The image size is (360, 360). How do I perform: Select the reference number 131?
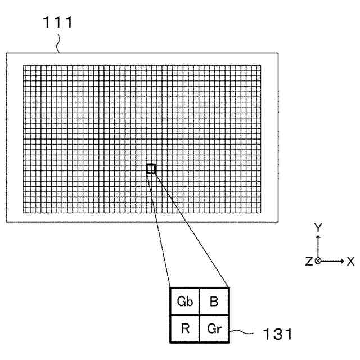tap(277, 335)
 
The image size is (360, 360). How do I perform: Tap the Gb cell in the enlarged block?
tap(185, 301)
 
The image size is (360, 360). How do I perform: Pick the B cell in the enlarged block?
tap(213, 301)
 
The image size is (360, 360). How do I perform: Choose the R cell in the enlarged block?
tap(185, 328)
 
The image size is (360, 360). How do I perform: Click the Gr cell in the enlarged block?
tap(213, 328)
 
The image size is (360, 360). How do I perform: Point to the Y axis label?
tap(318, 227)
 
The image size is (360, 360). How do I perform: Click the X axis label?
tap(350, 261)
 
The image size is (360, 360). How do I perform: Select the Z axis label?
tap(309, 261)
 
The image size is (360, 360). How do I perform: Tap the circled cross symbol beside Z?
tap(318, 261)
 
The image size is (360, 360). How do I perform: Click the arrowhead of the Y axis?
tap(318, 237)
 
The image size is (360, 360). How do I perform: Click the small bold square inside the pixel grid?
tap(151, 168)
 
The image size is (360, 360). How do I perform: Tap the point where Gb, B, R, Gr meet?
tap(199, 315)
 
